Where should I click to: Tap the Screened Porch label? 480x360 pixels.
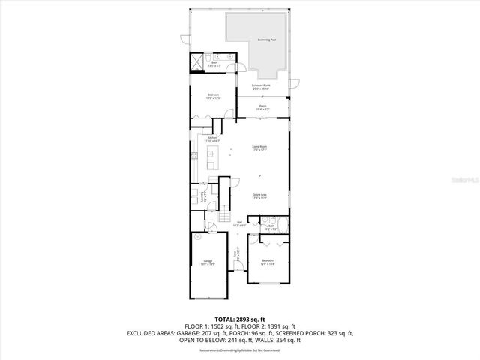tap(261, 87)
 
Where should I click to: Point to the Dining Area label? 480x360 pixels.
tap(259, 196)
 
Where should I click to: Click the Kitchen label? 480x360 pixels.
tap(212, 139)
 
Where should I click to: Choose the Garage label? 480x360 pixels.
tap(207, 262)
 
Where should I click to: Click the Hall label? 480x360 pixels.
tap(239, 224)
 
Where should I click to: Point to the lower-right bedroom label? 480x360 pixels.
tap(268, 262)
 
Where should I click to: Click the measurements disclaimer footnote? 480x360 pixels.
tap(239, 350)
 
